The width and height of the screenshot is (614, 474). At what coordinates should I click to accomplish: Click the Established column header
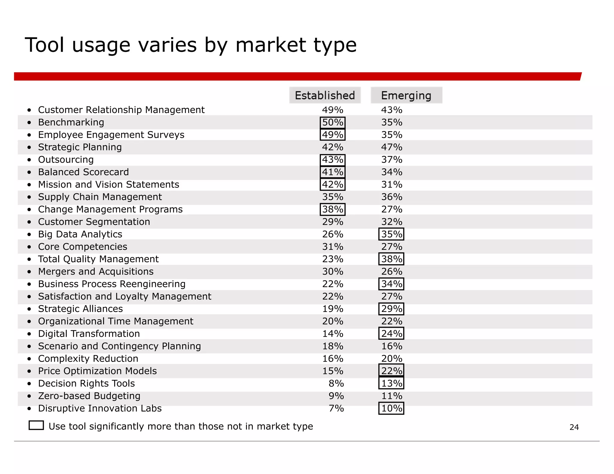[325, 95]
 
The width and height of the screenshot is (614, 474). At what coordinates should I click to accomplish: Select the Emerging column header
[406, 95]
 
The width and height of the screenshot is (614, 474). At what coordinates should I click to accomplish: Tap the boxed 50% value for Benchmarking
[332, 122]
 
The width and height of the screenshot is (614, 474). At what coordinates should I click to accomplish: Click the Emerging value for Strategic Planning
[392, 147]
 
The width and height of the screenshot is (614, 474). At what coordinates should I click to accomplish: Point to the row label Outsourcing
[66, 160]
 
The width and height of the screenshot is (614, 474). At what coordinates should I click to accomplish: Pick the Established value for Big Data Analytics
[332, 234]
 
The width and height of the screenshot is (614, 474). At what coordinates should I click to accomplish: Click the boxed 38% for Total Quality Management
[392, 259]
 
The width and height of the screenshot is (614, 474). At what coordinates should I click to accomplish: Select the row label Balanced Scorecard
[83, 172]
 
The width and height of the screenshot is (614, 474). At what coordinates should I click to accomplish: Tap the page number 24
[574, 427]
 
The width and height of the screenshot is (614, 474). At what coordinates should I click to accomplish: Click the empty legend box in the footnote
[36, 425]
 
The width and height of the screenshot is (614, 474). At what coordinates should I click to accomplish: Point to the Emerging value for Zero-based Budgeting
[392, 396]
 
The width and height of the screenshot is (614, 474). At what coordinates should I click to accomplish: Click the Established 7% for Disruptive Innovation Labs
[336, 408]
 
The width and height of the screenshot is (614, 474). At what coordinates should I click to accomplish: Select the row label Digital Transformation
[89, 333]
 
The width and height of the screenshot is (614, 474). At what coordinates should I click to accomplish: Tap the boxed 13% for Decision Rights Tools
[392, 383]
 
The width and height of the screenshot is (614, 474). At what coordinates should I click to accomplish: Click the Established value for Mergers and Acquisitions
[332, 271]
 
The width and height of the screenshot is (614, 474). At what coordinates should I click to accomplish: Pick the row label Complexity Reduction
[88, 358]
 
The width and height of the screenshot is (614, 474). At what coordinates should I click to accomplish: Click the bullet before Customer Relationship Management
[29, 110]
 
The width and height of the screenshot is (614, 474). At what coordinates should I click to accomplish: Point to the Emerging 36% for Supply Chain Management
[392, 197]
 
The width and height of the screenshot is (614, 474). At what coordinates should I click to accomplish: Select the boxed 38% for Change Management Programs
[332, 209]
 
